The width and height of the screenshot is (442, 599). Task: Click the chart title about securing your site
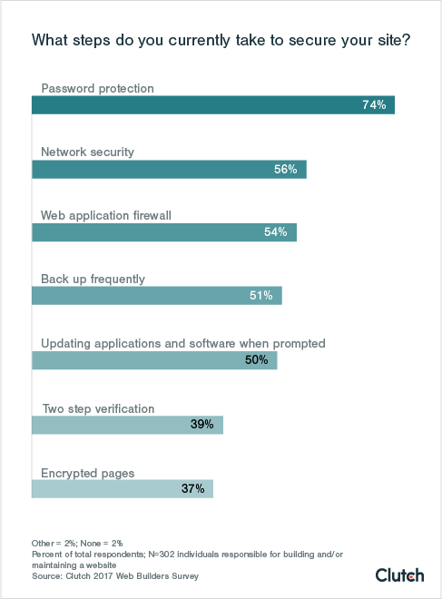point(220,41)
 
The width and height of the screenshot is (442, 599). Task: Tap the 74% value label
point(374,105)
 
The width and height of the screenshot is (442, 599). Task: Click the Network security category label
point(88,152)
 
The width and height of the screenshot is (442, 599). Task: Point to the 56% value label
point(286,169)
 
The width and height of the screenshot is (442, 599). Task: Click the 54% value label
point(276,232)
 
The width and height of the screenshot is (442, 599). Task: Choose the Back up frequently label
point(93,279)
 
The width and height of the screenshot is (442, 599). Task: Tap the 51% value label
point(261,296)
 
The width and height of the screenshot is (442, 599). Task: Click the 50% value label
point(256,359)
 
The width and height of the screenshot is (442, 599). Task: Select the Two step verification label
point(98,408)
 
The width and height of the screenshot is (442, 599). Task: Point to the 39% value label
point(201,424)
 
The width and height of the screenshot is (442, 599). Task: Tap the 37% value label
point(192,488)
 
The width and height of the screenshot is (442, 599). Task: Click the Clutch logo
point(399,574)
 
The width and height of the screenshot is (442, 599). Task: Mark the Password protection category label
point(98,88)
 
